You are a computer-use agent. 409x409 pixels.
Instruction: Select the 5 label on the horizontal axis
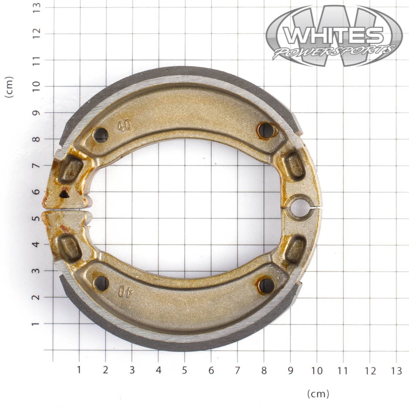point(185,370)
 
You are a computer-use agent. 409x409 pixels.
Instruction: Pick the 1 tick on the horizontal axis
point(79,370)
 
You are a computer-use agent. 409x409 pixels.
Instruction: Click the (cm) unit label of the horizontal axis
point(318,393)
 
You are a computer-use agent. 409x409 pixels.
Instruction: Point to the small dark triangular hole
point(64,194)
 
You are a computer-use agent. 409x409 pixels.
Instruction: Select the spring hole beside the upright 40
point(101,135)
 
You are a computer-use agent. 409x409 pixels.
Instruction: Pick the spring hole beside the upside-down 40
point(101,282)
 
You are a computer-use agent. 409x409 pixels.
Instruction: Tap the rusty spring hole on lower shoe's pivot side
point(266,286)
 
